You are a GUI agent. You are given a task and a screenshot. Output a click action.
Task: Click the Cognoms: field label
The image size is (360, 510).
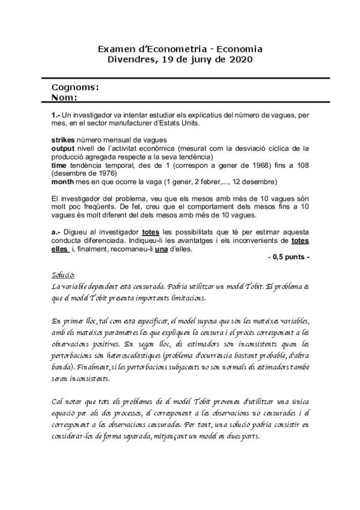[x=75, y=87]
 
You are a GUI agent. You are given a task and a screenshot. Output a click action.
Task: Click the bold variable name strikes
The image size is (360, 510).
[x=62, y=140]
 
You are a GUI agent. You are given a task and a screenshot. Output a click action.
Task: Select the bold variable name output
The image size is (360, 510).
[x=62, y=147]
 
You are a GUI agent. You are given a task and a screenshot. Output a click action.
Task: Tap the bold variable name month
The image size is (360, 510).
[x=64, y=182]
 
